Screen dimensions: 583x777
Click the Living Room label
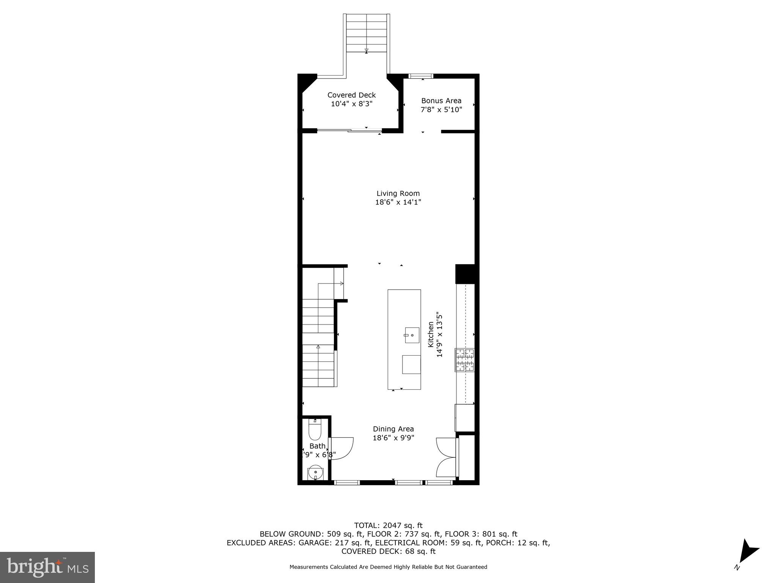tap(398, 194)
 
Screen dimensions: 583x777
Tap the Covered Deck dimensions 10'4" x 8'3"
tap(352, 104)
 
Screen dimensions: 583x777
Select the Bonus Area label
tap(441, 101)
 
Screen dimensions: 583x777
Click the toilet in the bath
tap(315, 430)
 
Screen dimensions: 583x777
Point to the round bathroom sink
tap(315, 473)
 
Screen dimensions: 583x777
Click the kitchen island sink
tap(412, 335)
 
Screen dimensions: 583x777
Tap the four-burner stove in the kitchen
tap(465, 360)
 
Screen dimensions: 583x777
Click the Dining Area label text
tap(393, 429)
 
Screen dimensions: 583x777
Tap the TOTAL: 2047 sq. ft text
tap(388, 526)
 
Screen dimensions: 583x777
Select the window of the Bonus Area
tap(421, 76)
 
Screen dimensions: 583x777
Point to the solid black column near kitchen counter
tap(465, 274)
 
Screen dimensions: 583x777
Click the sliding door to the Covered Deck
tap(349, 131)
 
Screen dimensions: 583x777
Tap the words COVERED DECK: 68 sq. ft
tap(388, 551)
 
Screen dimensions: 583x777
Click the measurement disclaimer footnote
tap(388, 567)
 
